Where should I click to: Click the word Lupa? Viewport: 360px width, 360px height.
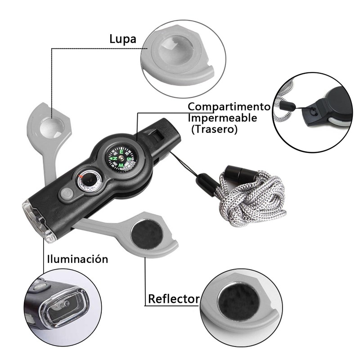click(122, 39)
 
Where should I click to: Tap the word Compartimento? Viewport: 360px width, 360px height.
click(229, 107)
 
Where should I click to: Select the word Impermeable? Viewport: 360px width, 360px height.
click(222, 118)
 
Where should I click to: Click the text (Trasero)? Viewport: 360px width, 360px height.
click(214, 130)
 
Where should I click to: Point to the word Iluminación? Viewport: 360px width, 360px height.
click(77, 259)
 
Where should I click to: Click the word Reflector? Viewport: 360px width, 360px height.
click(174, 299)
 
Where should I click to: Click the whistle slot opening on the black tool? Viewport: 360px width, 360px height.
click(157, 134)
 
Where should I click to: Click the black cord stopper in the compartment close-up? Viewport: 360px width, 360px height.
click(287, 106)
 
